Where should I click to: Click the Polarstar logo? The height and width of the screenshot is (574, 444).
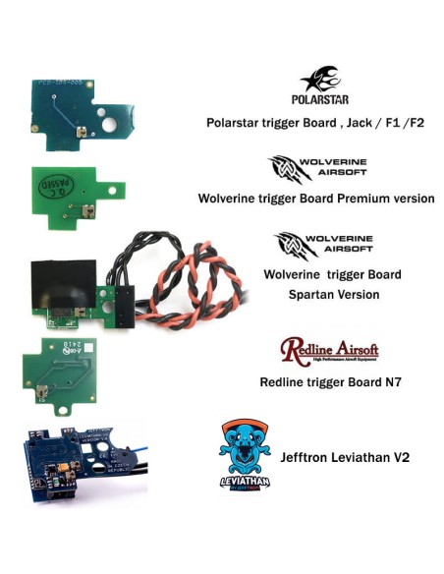[x=319, y=85]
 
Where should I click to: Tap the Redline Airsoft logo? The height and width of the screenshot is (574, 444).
[x=328, y=351]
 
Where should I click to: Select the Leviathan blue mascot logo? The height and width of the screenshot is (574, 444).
[x=246, y=453]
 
